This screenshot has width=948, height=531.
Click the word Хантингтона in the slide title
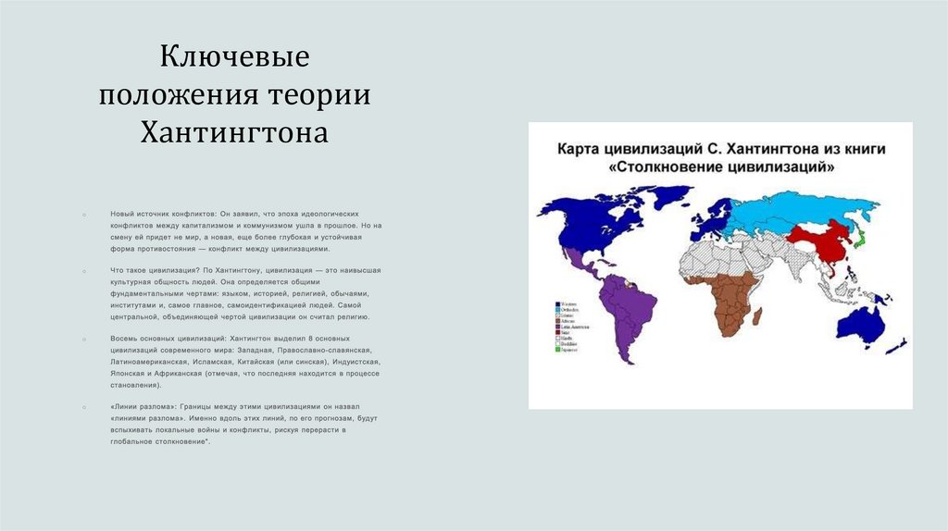pos(235,132)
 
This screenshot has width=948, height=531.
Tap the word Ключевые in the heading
pos(235,59)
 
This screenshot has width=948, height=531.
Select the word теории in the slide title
pos(319,96)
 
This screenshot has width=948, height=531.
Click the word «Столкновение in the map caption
pos(673,168)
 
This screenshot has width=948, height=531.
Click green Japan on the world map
pos(860,238)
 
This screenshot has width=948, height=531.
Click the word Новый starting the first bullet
pos(121,213)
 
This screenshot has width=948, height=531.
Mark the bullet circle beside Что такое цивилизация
pos(84,270)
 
